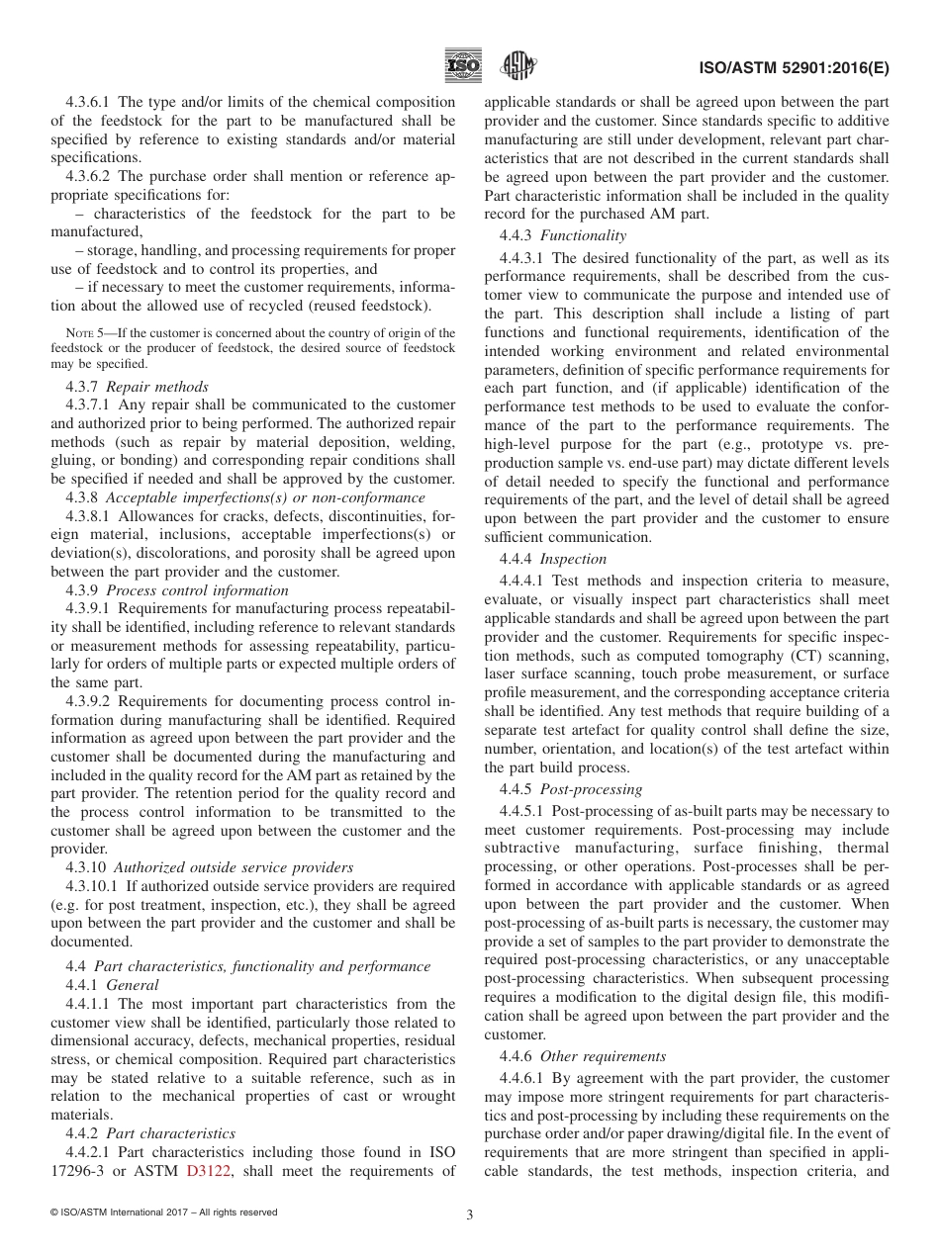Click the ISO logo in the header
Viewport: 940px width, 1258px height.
[x=463, y=65]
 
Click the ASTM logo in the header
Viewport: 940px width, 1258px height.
[x=518, y=65]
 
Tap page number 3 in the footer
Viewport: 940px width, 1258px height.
[x=470, y=1215]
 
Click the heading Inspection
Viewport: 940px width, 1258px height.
[x=573, y=559]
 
